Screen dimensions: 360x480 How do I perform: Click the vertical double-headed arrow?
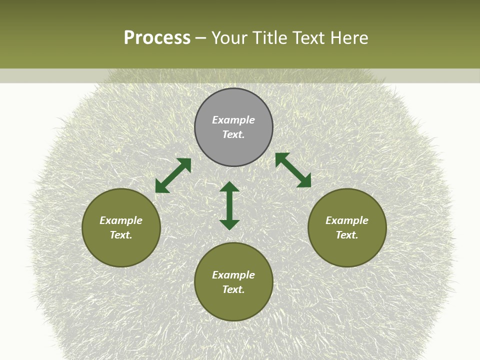point(229,205)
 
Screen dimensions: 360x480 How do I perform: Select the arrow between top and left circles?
point(173,175)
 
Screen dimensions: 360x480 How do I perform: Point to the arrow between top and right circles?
point(293,170)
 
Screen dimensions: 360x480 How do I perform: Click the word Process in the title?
point(157,38)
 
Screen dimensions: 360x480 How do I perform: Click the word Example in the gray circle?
point(233,120)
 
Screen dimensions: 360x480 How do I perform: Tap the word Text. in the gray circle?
point(233,134)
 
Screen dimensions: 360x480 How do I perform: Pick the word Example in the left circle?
point(121,220)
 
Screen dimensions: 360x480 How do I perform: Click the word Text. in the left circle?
point(121,235)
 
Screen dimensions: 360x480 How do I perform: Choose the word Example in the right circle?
point(347,220)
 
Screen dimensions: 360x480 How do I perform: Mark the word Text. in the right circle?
point(347,235)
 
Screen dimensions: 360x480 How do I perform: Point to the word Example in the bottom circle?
point(233,275)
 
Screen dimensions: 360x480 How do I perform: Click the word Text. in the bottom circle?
point(233,289)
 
